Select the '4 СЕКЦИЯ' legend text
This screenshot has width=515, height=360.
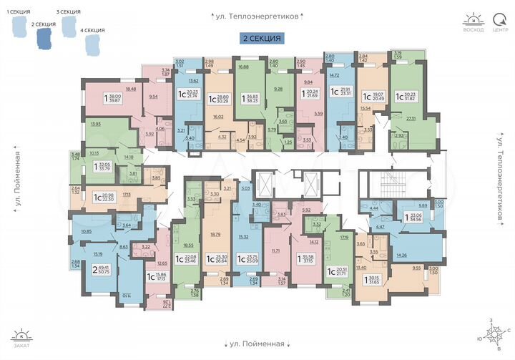[x=93, y=30]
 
